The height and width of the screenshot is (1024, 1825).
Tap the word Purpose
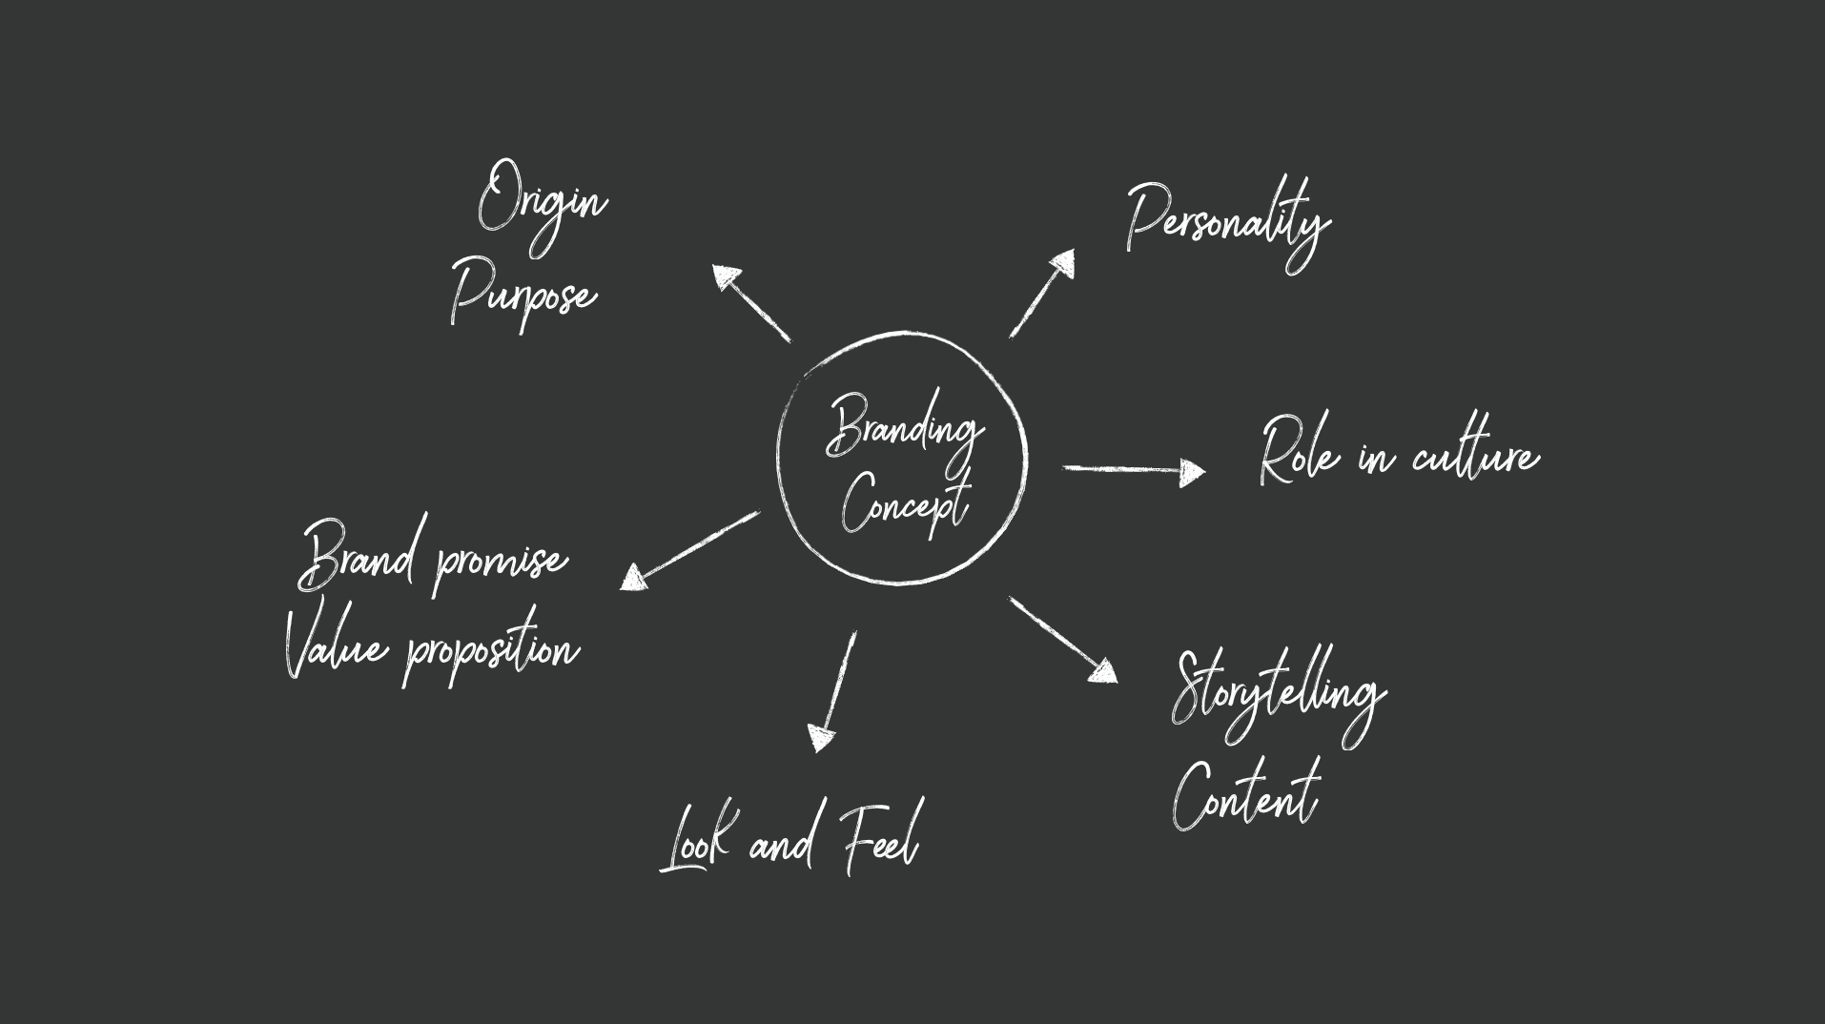[x=523, y=293]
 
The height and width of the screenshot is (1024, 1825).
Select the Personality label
[x=1227, y=223]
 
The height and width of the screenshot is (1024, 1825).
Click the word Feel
[x=880, y=839]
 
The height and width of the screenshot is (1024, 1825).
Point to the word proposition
[x=492, y=652]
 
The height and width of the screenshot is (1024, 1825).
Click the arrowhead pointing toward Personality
[x=1062, y=263]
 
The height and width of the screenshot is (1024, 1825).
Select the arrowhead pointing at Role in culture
[x=1192, y=471]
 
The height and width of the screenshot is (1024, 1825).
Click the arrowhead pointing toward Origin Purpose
[x=726, y=277]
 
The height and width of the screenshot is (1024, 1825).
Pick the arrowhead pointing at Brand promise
[x=634, y=578]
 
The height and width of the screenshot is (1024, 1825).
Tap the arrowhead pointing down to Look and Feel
[x=820, y=738]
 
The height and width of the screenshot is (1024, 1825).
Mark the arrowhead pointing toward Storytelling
[x=1103, y=671]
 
